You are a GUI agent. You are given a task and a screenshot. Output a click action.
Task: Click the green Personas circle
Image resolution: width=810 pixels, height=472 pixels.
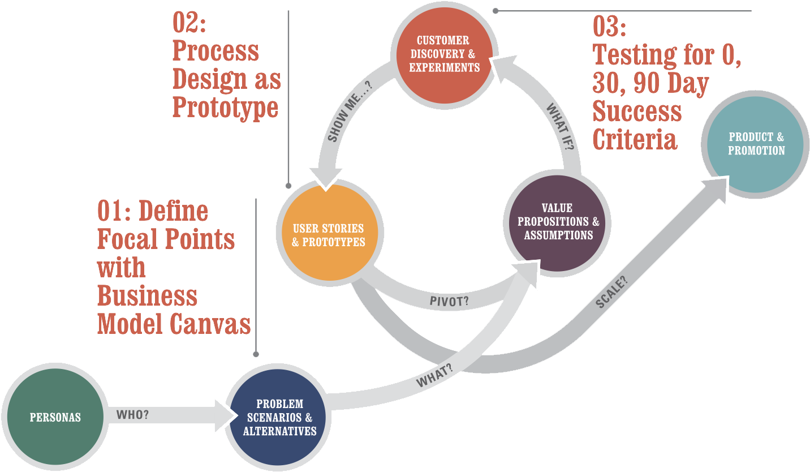pyautogui.click(x=55, y=417)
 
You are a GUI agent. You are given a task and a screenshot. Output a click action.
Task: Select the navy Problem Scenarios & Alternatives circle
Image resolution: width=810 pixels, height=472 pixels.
pyautogui.click(x=278, y=417)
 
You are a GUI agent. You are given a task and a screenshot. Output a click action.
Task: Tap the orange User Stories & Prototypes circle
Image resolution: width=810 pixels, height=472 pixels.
pyautogui.click(x=330, y=233)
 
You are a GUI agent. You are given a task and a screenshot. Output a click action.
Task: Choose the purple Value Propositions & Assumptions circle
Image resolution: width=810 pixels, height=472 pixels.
pyautogui.click(x=557, y=223)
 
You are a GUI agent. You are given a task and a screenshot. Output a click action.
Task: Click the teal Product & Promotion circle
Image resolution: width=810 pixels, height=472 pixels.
pyautogui.click(x=755, y=144)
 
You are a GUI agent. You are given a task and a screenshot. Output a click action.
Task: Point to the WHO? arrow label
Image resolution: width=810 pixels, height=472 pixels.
pyautogui.click(x=132, y=414)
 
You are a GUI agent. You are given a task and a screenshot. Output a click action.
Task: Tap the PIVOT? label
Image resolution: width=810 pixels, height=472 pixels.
pyautogui.click(x=449, y=301)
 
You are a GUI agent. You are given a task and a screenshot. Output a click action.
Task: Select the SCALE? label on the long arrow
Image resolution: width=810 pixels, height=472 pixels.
pyautogui.click(x=611, y=292)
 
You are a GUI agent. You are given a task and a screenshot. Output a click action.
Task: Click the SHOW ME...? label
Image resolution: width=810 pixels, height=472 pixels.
pyautogui.click(x=350, y=111)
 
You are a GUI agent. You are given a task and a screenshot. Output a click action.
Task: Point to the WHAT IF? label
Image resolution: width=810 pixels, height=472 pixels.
pyautogui.click(x=560, y=127)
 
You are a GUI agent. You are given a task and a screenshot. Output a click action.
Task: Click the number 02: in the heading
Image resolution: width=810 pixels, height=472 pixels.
pyautogui.click(x=189, y=23)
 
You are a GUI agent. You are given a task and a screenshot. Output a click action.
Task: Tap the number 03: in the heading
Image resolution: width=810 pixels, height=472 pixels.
pyautogui.click(x=609, y=26)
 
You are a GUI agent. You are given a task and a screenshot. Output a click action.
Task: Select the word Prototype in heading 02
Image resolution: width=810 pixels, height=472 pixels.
pyautogui.click(x=225, y=108)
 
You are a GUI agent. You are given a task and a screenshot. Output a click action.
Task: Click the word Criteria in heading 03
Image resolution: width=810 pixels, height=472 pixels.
pyautogui.click(x=635, y=139)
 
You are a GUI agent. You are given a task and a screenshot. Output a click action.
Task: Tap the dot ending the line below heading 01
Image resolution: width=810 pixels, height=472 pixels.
pyautogui.click(x=256, y=354)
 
